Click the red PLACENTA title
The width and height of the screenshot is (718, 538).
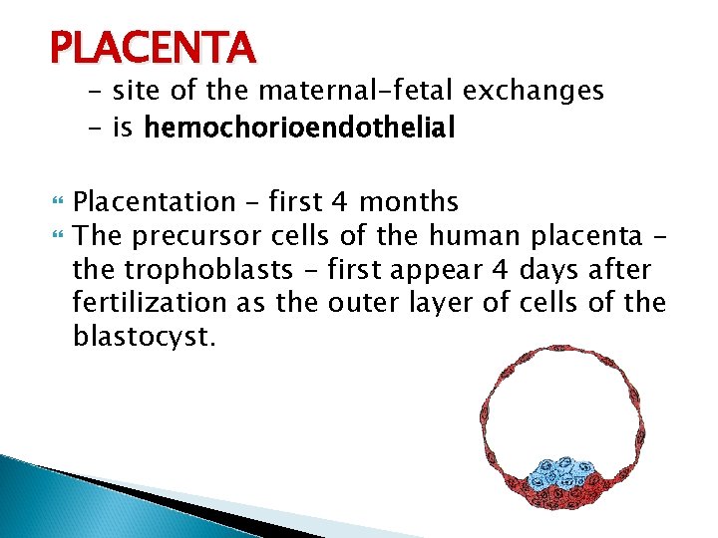coord(153,47)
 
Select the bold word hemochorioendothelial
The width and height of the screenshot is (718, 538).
coord(299,129)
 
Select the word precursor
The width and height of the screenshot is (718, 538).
coord(194,236)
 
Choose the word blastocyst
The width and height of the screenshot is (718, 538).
coord(144,337)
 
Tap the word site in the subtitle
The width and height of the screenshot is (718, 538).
coord(134,92)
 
